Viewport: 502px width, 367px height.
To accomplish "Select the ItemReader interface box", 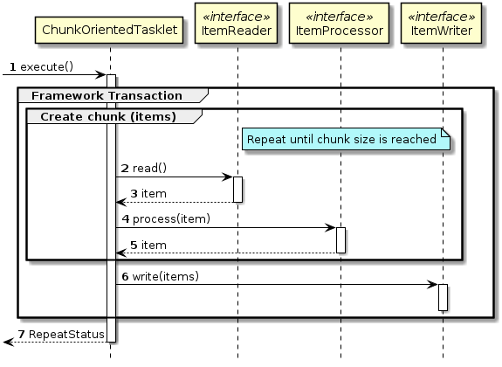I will pyautogui.click(x=237, y=24).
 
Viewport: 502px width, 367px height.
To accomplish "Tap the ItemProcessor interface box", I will pyautogui.click(x=340, y=24).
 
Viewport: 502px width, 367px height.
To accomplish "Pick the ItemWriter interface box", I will pyautogui.click(x=443, y=24).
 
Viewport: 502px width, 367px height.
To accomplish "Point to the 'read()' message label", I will pyautogui.click(x=149, y=168).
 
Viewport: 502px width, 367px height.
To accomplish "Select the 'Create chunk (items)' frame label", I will pyautogui.click(x=108, y=116).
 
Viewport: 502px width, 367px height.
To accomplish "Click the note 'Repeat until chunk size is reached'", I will pyautogui.click(x=340, y=139).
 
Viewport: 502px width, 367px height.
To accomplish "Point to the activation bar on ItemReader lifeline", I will pyautogui.click(x=237, y=189).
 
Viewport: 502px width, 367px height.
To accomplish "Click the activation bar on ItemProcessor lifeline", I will pyautogui.click(x=340, y=240).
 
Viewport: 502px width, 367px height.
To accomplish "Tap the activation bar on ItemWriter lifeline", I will pyautogui.click(x=443, y=297).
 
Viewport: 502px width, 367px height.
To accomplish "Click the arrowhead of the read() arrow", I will pyautogui.click(x=229, y=177).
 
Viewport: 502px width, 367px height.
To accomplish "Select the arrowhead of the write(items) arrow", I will pyautogui.click(x=434, y=285).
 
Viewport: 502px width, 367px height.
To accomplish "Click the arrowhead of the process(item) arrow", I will pyautogui.click(x=332, y=227).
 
